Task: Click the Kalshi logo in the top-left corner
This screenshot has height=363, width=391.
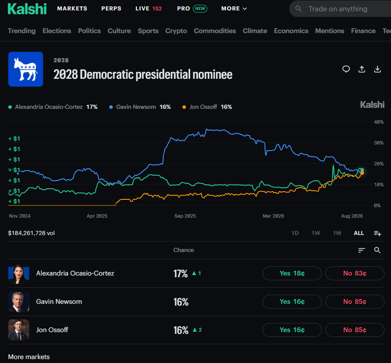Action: click(27, 9)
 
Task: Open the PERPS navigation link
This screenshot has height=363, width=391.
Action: click(111, 8)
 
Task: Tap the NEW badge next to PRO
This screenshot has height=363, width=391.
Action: click(200, 8)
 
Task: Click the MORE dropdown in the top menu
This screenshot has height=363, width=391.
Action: click(234, 8)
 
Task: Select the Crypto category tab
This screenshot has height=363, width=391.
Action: click(176, 31)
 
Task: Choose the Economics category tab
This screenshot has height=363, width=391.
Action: click(291, 31)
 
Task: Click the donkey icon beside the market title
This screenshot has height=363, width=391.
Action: click(26, 69)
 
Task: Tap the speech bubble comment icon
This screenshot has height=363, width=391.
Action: click(346, 69)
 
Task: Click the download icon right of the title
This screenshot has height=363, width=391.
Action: click(378, 69)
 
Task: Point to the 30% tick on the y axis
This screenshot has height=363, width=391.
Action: click(378, 143)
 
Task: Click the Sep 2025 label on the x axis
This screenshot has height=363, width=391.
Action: click(185, 216)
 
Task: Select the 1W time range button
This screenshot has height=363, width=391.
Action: click(316, 233)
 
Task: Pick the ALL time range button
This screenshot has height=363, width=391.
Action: click(359, 233)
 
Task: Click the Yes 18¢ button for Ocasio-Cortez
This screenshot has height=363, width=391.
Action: click(292, 273)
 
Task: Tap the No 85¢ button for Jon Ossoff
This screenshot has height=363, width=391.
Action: click(354, 330)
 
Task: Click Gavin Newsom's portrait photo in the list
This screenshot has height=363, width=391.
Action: click(19, 302)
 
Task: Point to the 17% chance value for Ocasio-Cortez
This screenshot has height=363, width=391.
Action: click(181, 273)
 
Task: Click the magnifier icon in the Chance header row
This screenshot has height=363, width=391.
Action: click(378, 250)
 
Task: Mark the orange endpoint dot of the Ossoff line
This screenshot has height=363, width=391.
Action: click(362, 173)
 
